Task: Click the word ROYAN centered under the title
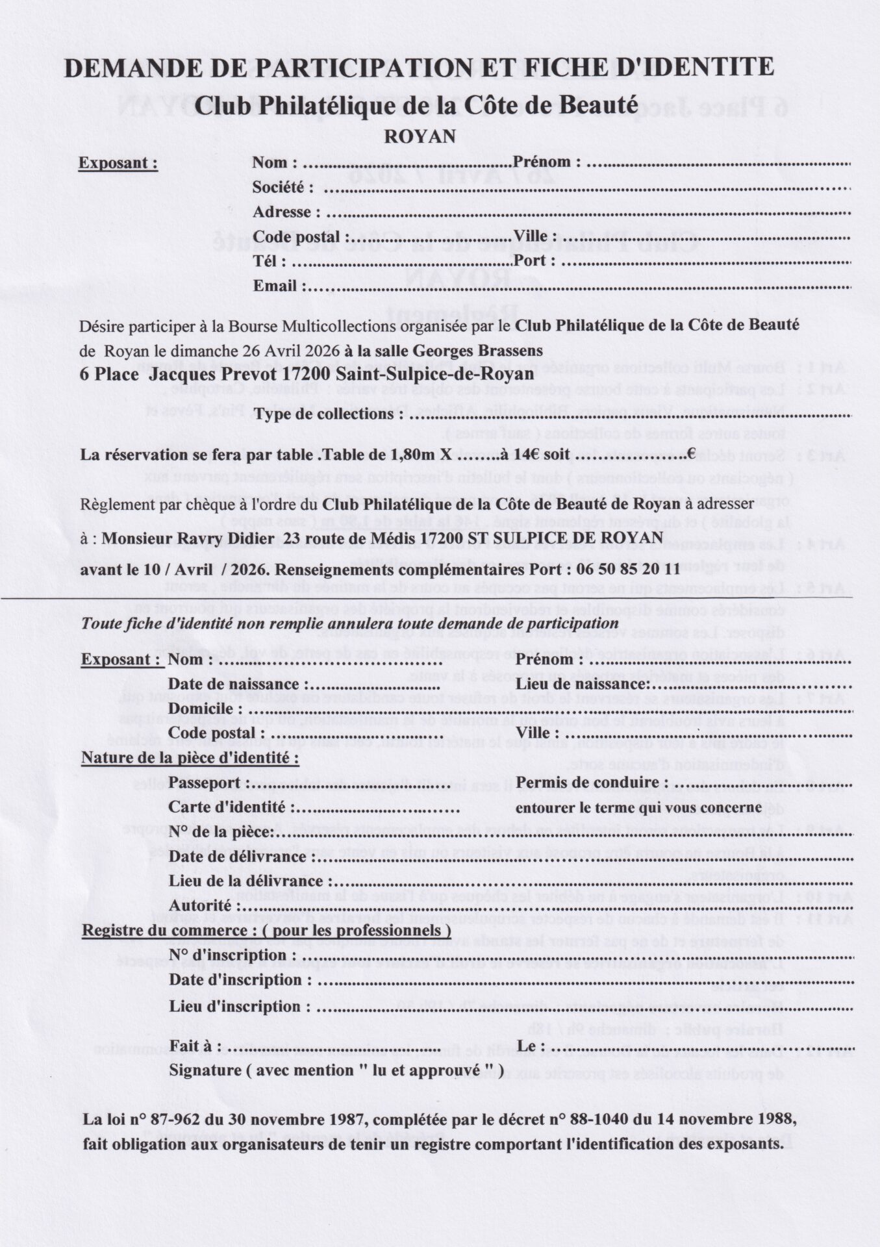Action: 420,136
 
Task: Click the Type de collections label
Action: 329,414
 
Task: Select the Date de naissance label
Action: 234,684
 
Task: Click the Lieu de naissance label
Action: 582,684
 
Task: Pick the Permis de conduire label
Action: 591,783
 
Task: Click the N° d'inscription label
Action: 232,955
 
